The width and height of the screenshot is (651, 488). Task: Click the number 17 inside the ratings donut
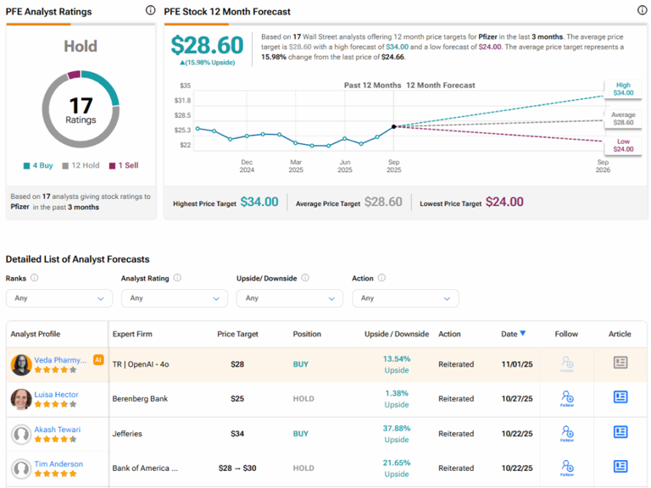(81, 105)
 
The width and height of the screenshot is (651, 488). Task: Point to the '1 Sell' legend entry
(126, 166)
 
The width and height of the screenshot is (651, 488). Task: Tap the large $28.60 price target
(207, 45)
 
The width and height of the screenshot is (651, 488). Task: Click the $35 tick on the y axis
(185, 86)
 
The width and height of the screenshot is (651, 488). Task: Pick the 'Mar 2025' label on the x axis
(296, 165)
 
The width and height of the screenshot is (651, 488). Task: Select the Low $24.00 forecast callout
(623, 144)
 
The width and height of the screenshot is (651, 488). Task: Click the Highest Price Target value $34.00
(259, 202)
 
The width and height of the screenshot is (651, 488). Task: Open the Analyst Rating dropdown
(174, 298)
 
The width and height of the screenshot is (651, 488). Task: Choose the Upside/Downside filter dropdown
(289, 298)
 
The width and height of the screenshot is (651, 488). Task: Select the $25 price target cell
(237, 398)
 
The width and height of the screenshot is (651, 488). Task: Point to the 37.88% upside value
(397, 428)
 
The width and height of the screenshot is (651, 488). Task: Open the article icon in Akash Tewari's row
(620, 432)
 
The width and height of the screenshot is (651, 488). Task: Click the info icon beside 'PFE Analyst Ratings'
(150, 11)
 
